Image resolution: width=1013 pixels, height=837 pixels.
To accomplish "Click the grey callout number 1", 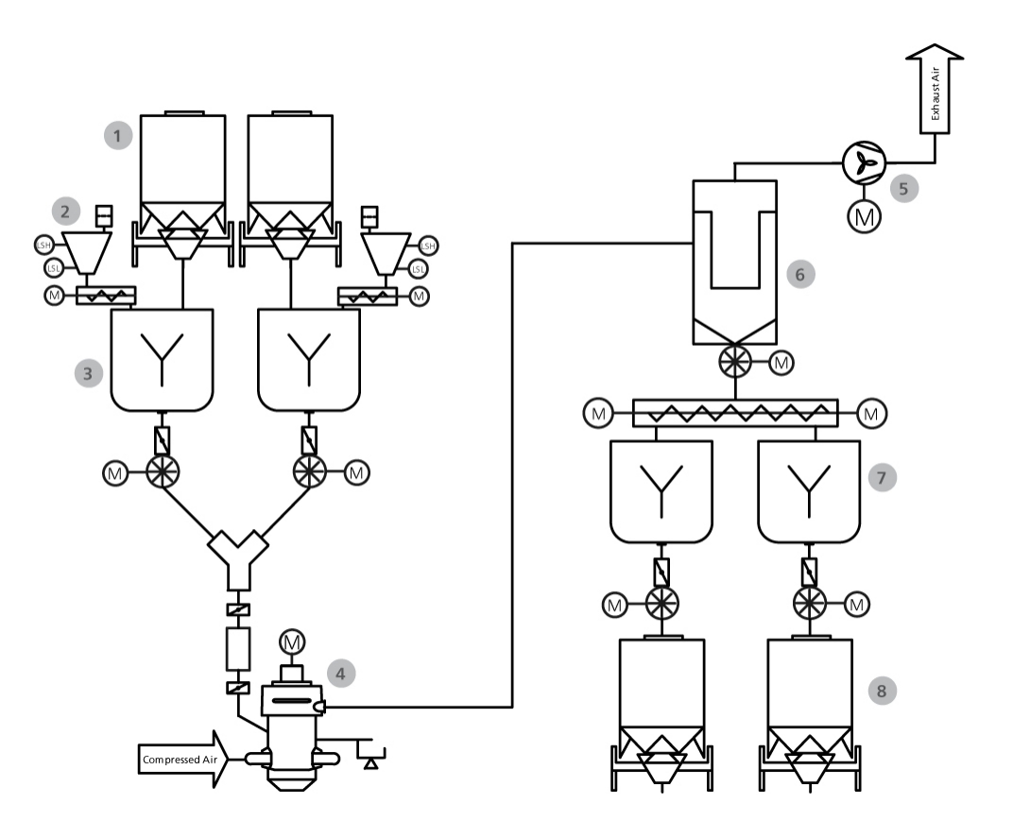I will [117, 137].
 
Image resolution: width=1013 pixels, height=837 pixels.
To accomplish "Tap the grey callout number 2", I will [65, 212].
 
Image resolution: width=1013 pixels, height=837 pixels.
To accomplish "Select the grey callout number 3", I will [88, 372].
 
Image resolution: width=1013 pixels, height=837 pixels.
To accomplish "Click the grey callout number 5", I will [904, 187].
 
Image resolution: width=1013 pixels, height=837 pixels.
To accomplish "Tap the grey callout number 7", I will [881, 478].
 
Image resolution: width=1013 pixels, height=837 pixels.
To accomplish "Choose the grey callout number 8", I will [881, 690].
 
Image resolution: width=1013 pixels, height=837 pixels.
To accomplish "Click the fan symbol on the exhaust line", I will [863, 164].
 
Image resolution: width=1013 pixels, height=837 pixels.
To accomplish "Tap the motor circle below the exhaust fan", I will [863, 215].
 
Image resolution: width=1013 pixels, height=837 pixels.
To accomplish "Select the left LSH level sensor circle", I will [43, 246].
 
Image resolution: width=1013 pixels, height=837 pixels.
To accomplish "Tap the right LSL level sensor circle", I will [419, 269].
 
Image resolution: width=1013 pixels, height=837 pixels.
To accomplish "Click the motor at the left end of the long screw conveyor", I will [597, 412].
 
